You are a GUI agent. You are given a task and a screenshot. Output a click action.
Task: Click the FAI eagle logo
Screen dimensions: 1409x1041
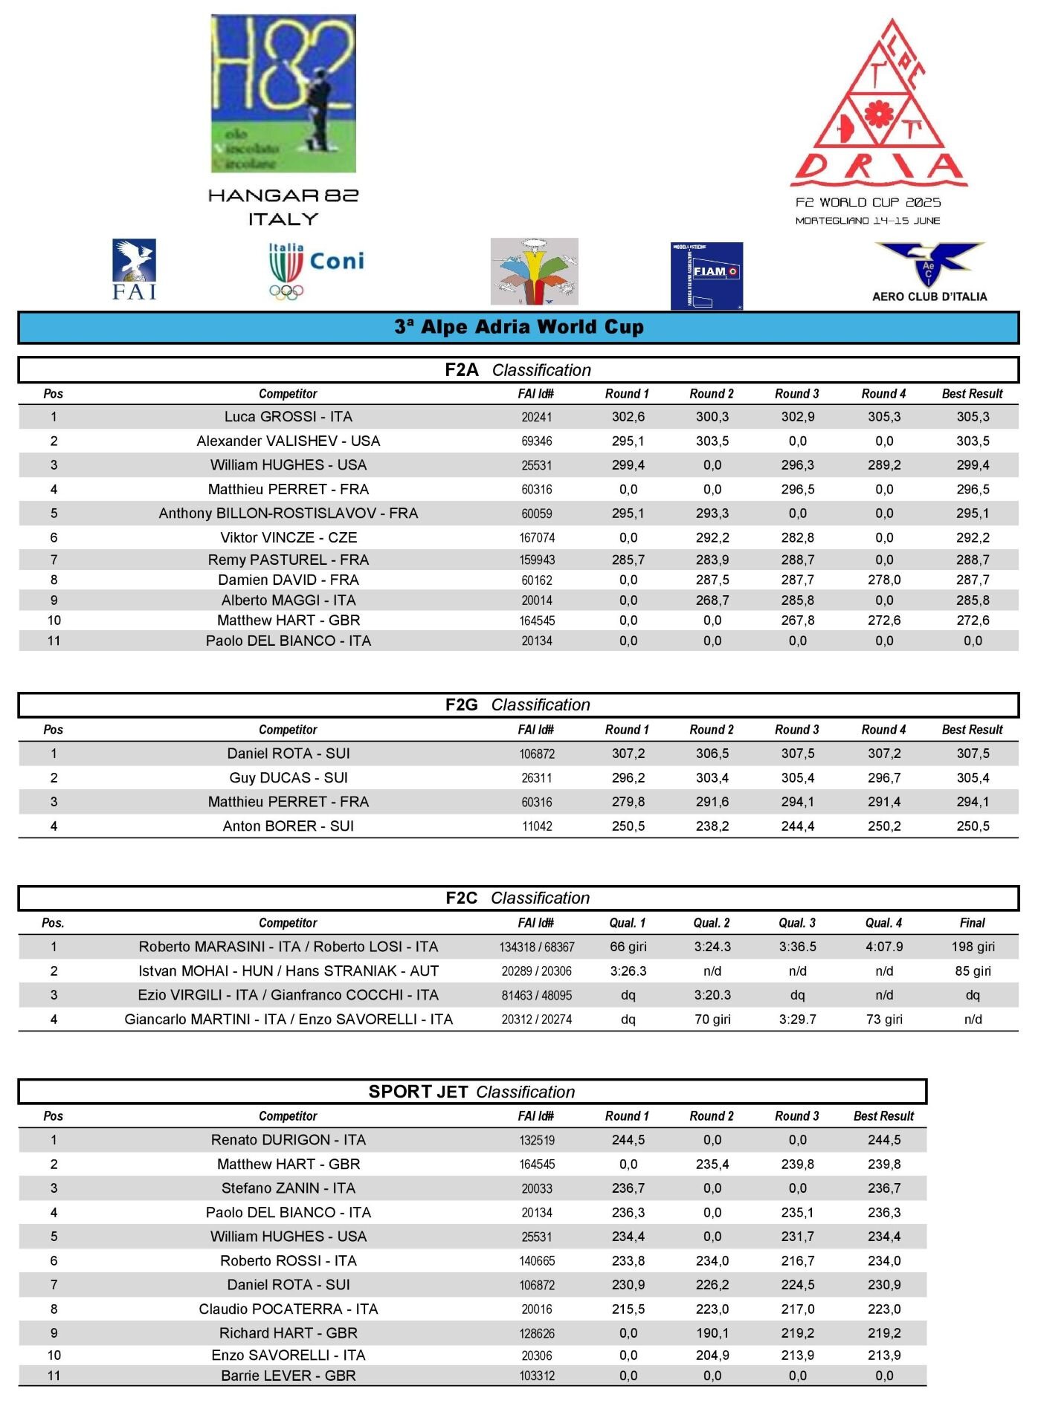(135, 269)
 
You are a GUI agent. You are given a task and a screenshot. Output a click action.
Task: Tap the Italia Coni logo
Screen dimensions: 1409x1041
(316, 271)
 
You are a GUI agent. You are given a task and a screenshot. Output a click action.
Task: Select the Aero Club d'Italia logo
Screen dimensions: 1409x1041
(929, 272)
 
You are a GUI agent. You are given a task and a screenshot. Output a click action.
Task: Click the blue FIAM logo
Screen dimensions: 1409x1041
(706, 275)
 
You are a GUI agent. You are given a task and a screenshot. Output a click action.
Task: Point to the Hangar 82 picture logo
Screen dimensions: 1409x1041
(283, 94)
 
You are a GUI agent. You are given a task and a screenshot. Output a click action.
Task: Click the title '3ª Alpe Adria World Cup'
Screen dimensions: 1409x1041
(518, 328)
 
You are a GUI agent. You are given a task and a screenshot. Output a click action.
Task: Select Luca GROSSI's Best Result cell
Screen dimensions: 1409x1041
(973, 417)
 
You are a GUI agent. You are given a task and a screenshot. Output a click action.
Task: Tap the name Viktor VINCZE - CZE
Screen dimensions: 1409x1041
(289, 537)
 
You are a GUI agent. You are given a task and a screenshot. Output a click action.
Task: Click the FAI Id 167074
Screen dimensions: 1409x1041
(537, 538)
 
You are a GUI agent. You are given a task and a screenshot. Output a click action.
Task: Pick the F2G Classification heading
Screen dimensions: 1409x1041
(518, 704)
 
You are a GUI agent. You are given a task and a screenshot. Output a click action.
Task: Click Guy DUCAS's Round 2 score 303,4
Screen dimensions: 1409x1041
(712, 778)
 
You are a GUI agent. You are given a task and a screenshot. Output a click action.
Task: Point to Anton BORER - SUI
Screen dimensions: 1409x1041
(289, 826)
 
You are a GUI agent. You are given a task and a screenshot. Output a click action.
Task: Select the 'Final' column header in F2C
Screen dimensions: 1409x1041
(973, 923)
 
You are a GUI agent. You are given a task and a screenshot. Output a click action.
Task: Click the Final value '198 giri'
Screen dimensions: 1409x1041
(973, 947)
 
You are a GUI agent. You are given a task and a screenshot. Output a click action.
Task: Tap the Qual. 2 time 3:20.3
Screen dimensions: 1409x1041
(712, 995)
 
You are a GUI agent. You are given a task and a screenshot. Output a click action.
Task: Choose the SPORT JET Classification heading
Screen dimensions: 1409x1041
(471, 1092)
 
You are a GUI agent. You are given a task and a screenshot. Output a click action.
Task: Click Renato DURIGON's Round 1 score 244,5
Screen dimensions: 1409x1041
(628, 1140)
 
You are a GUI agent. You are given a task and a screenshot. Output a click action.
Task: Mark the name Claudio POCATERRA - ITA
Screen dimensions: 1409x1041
(289, 1309)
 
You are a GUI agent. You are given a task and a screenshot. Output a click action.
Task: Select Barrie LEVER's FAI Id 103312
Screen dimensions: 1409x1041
(537, 1376)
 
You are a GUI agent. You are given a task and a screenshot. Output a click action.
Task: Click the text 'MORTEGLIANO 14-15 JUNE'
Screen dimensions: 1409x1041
(868, 221)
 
